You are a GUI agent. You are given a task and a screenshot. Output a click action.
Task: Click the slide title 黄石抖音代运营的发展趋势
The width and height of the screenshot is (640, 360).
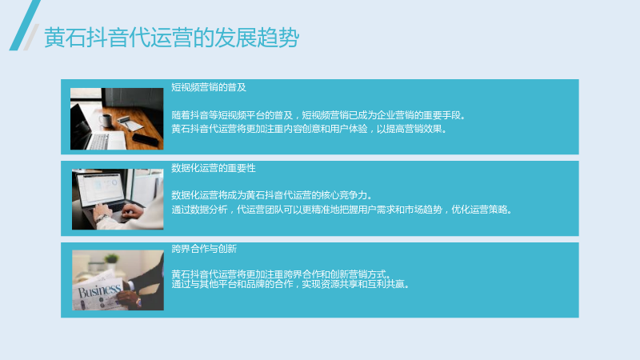pyautogui.click(x=171, y=38)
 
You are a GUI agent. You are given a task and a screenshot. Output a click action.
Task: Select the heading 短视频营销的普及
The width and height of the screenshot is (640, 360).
pyautogui.click(x=209, y=87)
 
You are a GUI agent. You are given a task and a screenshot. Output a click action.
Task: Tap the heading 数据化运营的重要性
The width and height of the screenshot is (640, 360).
pyautogui.click(x=214, y=168)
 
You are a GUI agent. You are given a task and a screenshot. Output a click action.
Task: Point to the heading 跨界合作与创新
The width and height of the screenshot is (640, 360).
pyautogui.click(x=204, y=249)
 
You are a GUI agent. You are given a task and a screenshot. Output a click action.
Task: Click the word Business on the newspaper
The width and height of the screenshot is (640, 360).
pyautogui.click(x=99, y=290)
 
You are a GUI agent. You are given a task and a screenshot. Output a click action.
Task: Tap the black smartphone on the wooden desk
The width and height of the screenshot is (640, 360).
pyautogui.click(x=145, y=139)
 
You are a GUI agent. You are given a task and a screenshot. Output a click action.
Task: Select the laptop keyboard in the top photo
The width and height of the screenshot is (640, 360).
pyautogui.click(x=98, y=142)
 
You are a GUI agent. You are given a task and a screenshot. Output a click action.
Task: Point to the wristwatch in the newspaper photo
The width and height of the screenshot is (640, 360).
pyautogui.click(x=138, y=302)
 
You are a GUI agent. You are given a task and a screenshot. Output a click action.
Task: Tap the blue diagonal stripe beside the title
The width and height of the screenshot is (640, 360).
pyautogui.click(x=25, y=26)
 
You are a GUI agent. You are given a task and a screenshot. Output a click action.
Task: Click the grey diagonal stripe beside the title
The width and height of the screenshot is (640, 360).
pyautogui.click(x=31, y=37)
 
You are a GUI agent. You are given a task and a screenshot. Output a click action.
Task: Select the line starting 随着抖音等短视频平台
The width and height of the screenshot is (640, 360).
pyautogui.click(x=318, y=115)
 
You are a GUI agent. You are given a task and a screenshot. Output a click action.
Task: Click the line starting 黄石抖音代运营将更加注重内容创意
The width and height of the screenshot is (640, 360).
pyautogui.click(x=309, y=129)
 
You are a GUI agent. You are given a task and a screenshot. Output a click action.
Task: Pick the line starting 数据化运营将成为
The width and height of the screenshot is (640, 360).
pyautogui.click(x=271, y=195)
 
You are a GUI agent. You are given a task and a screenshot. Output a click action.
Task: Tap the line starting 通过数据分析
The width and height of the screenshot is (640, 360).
pyautogui.click(x=342, y=210)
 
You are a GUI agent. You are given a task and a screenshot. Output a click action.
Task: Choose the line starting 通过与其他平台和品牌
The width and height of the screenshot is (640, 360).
pyautogui.click(x=290, y=284)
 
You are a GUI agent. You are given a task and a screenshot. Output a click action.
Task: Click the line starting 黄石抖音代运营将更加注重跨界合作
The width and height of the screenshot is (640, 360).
pyautogui.click(x=281, y=274)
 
